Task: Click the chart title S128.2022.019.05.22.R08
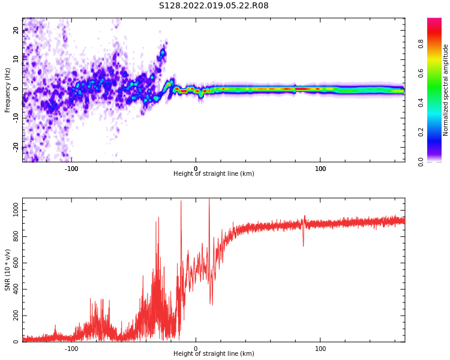click(214, 6)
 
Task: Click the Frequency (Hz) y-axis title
click(8, 90)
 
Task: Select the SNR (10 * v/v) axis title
click(8, 270)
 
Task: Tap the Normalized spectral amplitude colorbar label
click(445, 90)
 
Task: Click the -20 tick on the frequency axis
click(16, 146)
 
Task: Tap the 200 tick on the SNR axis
click(14, 316)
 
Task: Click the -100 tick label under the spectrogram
click(71, 168)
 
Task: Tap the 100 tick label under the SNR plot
click(320, 349)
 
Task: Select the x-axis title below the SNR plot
click(214, 354)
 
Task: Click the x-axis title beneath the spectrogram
click(214, 174)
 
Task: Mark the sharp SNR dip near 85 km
click(303, 245)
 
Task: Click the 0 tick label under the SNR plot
click(196, 349)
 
